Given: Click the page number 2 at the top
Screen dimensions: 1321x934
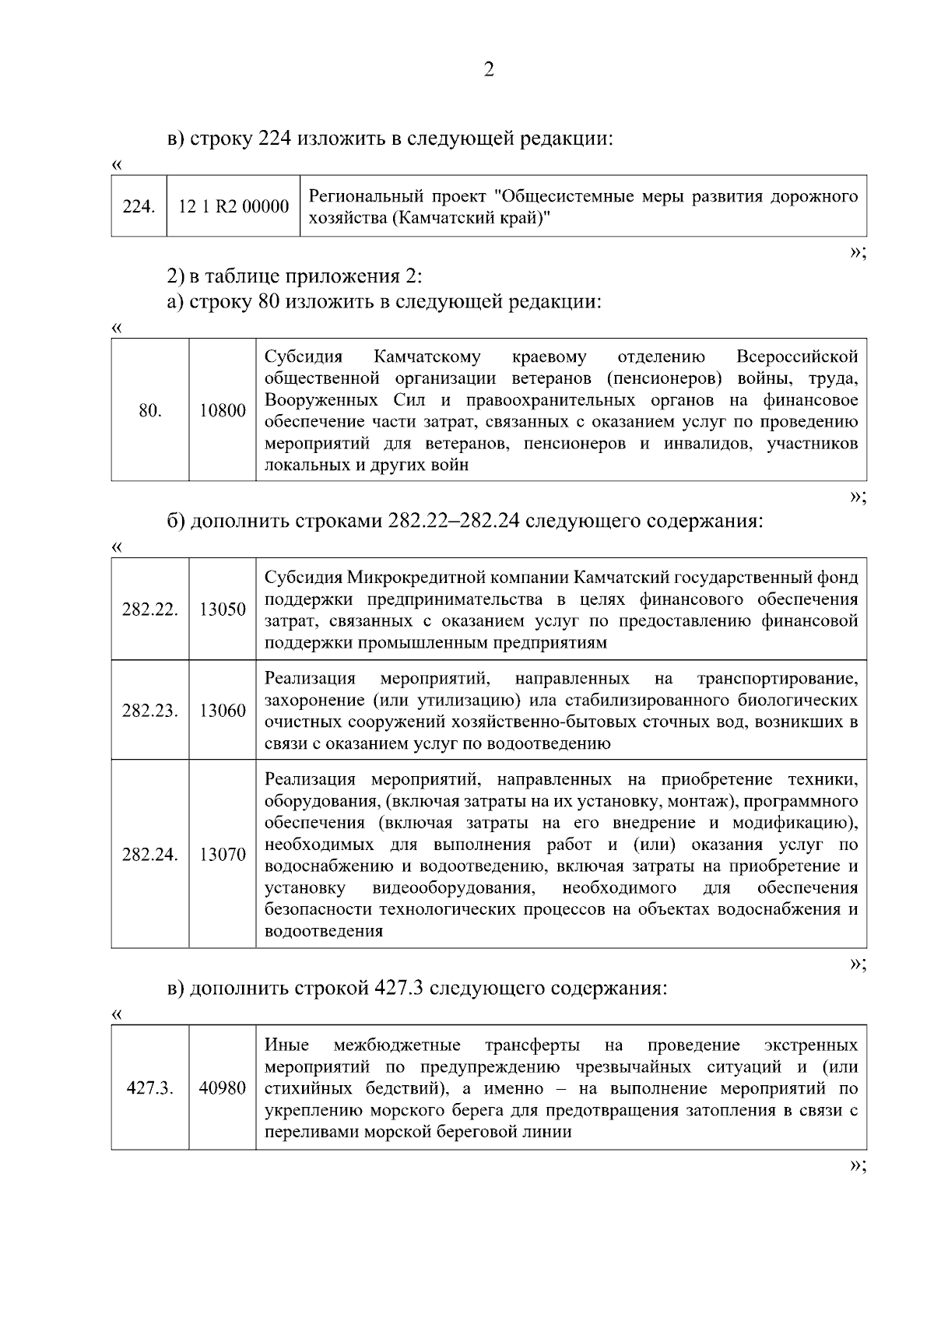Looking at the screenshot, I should (x=489, y=70).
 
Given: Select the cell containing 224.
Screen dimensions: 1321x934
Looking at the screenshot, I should (x=139, y=207).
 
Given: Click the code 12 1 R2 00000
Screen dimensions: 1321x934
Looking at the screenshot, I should (x=233, y=207).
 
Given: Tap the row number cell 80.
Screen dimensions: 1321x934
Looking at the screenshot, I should (x=150, y=410).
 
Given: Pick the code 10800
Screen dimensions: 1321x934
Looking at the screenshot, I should (x=223, y=410).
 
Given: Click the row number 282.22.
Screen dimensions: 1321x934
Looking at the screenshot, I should (x=150, y=610).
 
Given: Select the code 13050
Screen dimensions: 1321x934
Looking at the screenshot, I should (x=223, y=610).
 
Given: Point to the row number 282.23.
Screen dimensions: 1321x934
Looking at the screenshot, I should (x=150, y=711).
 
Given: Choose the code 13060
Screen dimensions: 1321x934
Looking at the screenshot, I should (x=223, y=711).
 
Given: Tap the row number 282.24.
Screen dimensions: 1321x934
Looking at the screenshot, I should (x=150, y=855).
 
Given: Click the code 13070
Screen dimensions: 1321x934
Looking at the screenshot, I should (x=223, y=855).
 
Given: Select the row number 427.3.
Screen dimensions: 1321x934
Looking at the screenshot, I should (x=150, y=1088).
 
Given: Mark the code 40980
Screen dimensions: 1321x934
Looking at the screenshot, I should (x=223, y=1088).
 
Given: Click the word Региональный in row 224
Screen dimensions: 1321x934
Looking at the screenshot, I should (x=356, y=196).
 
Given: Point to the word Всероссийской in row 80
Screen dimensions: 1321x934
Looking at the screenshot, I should (x=797, y=357).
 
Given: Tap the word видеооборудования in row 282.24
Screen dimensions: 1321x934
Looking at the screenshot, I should (x=454, y=888).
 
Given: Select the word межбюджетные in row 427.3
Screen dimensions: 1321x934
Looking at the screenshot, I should (x=396, y=1045).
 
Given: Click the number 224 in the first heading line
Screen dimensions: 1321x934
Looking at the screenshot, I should (x=275, y=139).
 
